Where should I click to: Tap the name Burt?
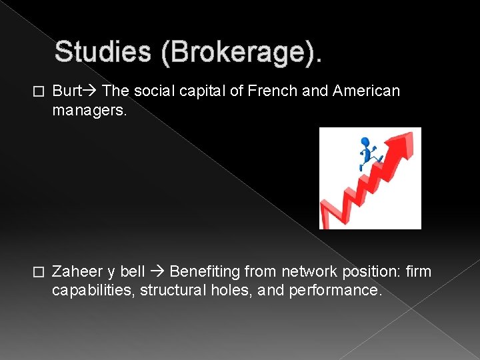coord(66,91)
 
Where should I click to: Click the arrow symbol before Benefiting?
coord(159,271)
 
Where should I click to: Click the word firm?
coord(419,271)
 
